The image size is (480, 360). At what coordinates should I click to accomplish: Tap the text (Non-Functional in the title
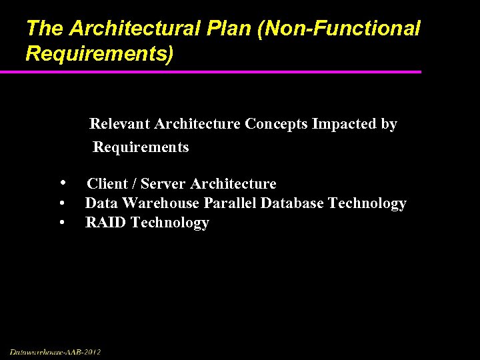tap(332, 29)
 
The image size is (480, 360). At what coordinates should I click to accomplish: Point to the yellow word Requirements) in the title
tap(99, 54)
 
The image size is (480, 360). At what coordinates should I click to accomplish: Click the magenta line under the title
tap(220, 72)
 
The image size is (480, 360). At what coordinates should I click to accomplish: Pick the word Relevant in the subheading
tap(119, 124)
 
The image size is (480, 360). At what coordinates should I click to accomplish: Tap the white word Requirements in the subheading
tap(141, 147)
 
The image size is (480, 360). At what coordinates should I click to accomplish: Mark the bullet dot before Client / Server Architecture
tap(62, 183)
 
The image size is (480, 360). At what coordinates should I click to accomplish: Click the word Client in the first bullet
tap(107, 184)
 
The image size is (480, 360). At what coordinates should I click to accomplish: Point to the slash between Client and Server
tap(134, 184)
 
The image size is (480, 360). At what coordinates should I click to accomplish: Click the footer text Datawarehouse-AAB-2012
tap(55, 351)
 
